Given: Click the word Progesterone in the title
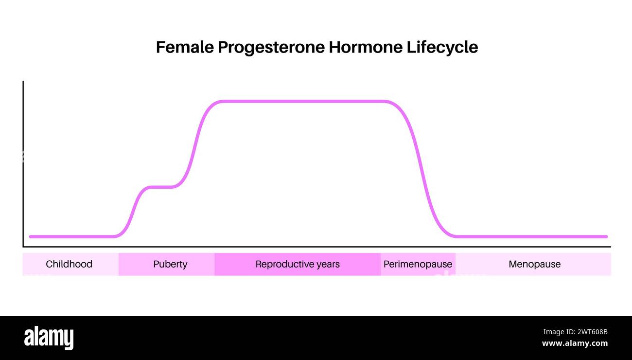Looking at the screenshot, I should (271, 48).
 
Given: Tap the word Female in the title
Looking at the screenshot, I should (185, 48).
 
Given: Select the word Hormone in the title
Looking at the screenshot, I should (366, 48).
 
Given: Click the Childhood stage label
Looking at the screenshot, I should (69, 264).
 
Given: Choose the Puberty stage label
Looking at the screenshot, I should (170, 264).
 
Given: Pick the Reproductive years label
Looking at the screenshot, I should (298, 264).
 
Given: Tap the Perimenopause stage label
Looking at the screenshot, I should (418, 264).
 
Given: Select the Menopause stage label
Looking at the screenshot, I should (534, 264).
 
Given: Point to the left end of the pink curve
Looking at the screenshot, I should (30, 236).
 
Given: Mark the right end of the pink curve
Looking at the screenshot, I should (606, 236).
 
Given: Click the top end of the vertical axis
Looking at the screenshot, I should (23, 82).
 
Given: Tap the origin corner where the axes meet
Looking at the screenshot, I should (23, 247).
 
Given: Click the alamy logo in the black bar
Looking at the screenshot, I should (49, 338).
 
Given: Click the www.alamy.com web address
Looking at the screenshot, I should (575, 343).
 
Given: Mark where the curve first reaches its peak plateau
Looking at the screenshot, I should (221, 101).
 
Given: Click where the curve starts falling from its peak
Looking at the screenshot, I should (386, 101).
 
